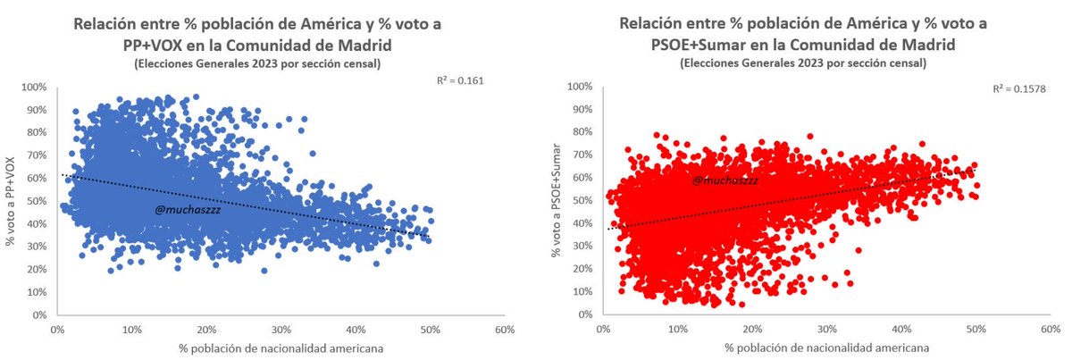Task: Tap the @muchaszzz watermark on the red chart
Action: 723,180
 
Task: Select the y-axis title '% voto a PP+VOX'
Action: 12,200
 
